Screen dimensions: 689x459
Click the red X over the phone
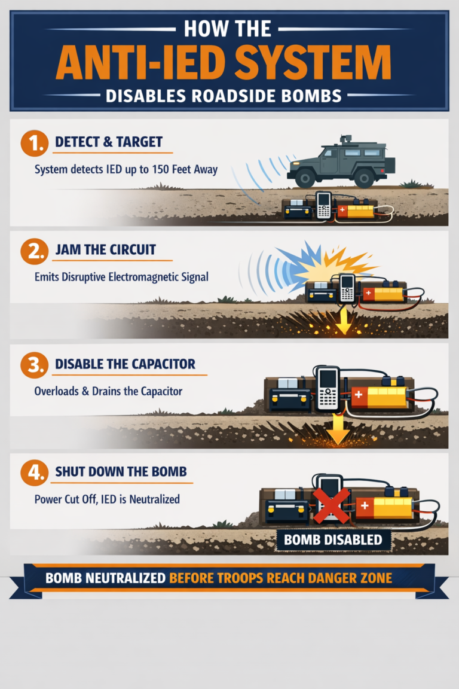click(x=331, y=505)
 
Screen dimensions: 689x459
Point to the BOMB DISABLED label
click(x=333, y=540)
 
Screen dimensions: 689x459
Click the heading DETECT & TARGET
click(x=108, y=142)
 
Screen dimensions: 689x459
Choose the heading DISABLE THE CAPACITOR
click(x=125, y=364)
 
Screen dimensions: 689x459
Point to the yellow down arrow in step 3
click(x=338, y=431)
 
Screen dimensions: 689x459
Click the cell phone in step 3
click(x=328, y=388)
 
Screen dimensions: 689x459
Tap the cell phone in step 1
click(x=324, y=205)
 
